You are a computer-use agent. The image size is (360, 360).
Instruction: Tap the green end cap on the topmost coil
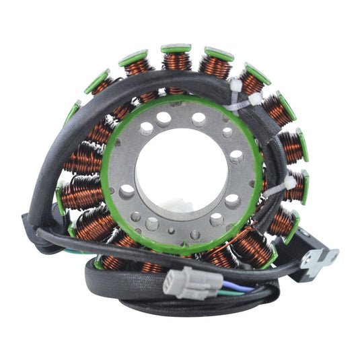176,49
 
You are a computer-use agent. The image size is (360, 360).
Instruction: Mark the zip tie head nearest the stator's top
236,86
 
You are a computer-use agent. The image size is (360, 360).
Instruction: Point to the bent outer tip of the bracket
332,254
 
